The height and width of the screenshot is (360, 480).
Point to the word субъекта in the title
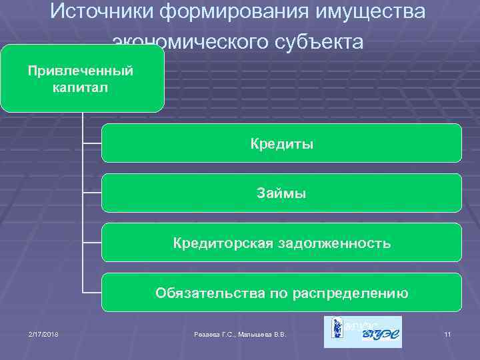(x=315, y=42)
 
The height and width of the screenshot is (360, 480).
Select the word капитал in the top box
(x=81, y=87)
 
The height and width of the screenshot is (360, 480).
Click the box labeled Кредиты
(x=281, y=143)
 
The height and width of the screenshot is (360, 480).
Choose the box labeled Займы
(x=281, y=193)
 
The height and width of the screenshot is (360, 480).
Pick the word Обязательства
(x=202, y=293)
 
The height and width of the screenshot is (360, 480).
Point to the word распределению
(x=350, y=293)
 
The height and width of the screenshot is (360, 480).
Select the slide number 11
(x=448, y=334)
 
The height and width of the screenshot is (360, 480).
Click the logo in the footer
(x=363, y=332)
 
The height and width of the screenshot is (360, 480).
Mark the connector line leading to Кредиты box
(x=91, y=143)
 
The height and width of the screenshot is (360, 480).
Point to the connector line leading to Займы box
(x=91, y=193)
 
